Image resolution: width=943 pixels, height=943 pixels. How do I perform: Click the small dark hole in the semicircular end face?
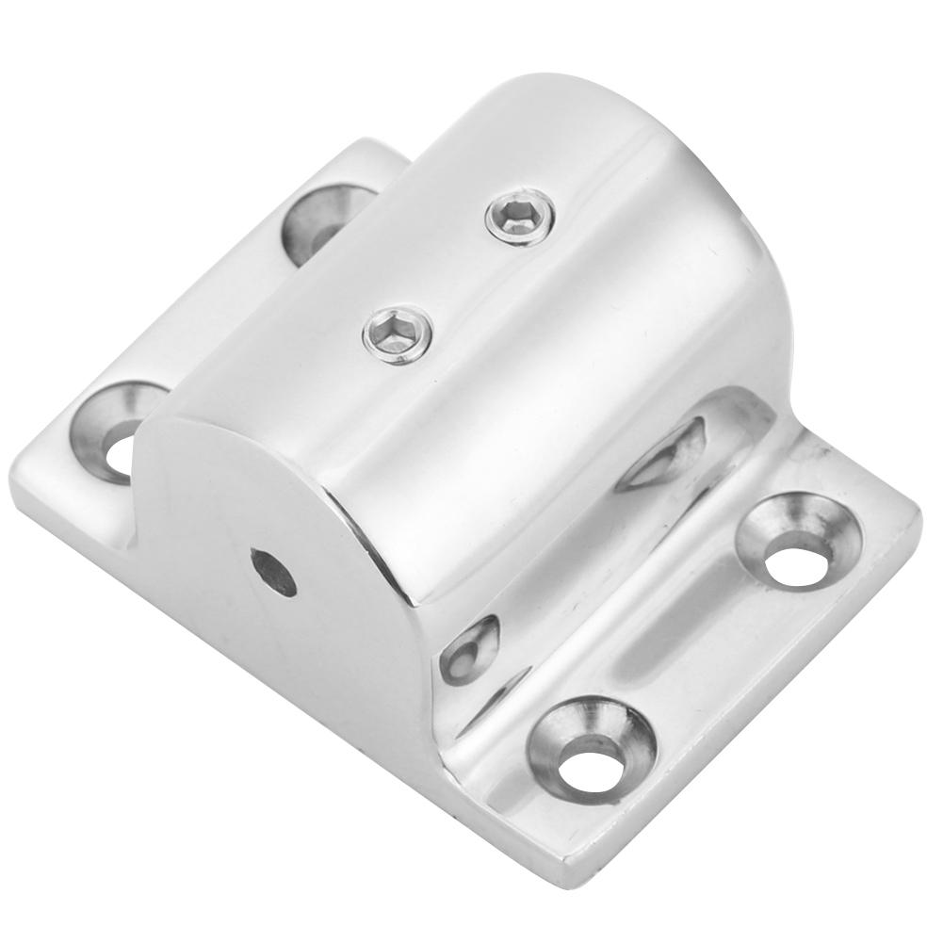pos(271,573)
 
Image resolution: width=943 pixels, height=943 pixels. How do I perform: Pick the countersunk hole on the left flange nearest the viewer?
pos(121,431)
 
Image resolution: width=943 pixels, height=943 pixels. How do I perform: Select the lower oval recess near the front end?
pos(469,650)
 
